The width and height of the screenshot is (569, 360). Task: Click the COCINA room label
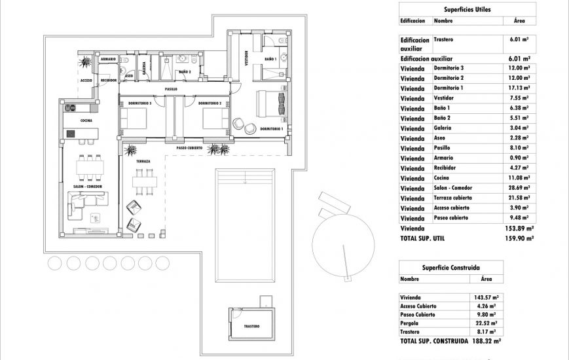(x=86, y=121)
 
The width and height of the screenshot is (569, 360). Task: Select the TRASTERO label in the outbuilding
(x=251, y=327)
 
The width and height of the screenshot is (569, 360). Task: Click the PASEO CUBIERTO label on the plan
(x=191, y=149)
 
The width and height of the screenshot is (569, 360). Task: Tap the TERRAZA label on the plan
(x=143, y=161)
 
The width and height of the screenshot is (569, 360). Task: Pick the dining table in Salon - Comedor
(x=89, y=166)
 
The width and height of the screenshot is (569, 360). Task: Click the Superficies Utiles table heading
(x=467, y=10)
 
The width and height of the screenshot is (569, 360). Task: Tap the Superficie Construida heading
(x=451, y=268)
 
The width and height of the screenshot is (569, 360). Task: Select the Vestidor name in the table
(x=445, y=98)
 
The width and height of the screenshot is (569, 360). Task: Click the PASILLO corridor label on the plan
(x=172, y=88)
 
